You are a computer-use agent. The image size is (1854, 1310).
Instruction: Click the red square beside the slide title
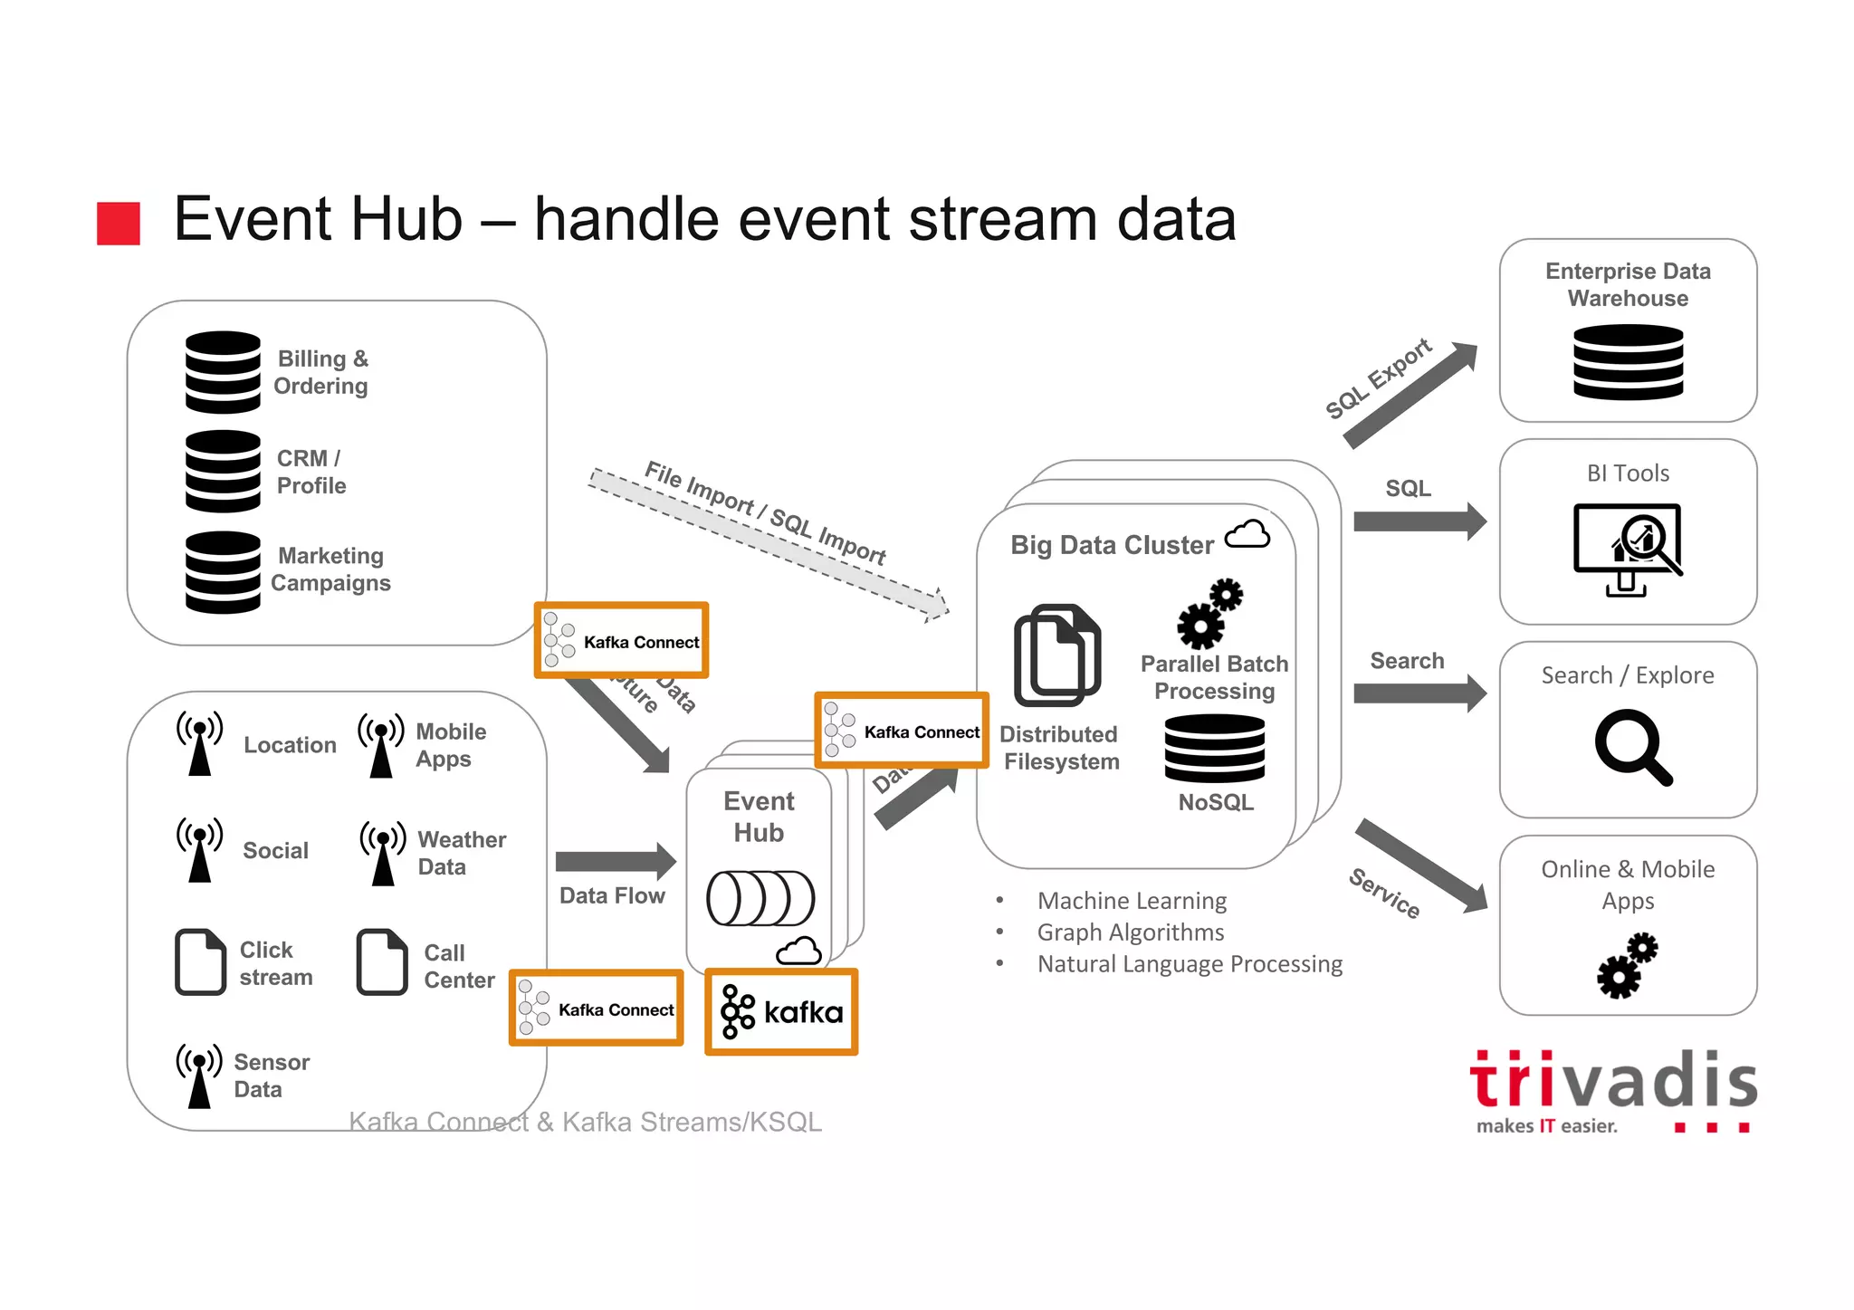tap(119, 224)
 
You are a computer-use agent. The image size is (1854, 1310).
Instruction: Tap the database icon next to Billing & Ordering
tap(223, 372)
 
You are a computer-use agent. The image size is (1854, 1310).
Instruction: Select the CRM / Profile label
tap(311, 472)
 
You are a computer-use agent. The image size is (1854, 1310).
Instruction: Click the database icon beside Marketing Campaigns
tap(223, 572)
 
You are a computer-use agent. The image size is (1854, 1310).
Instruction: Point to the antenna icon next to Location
tap(199, 743)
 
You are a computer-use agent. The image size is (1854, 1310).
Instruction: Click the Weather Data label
tap(461, 853)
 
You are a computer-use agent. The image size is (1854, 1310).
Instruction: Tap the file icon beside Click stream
tap(200, 961)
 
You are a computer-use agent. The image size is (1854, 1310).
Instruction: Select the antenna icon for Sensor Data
tap(199, 1075)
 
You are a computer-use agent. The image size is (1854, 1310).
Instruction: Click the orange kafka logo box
tap(781, 1011)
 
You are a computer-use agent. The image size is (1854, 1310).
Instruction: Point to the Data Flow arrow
tap(615, 861)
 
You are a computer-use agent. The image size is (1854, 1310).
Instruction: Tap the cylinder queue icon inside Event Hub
tap(760, 898)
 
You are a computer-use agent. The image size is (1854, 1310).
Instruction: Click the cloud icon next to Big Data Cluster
tap(1247, 535)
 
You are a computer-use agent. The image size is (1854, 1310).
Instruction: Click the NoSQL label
tap(1216, 802)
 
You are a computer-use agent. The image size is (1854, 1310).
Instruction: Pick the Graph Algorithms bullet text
tap(1130, 932)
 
